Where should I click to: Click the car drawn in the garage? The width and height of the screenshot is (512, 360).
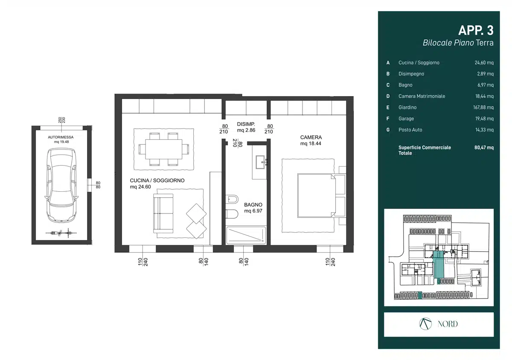61,186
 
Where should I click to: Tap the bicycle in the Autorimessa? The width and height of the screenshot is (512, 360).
61,233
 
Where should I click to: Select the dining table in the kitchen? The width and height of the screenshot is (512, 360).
164,149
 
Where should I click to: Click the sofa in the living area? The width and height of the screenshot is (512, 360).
163,213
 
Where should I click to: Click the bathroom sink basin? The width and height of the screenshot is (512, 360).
260,162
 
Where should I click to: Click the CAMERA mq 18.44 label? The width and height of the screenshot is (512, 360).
311,140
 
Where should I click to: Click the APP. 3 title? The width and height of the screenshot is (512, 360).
476,30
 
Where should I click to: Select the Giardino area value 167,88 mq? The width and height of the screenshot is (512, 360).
483,107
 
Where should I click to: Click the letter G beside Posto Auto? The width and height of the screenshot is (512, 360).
388,130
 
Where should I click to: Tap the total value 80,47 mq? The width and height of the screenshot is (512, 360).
484,147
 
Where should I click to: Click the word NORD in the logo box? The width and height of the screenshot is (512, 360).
448,324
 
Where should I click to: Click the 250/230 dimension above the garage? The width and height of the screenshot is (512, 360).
61,120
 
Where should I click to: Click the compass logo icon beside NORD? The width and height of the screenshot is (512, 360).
425,324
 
